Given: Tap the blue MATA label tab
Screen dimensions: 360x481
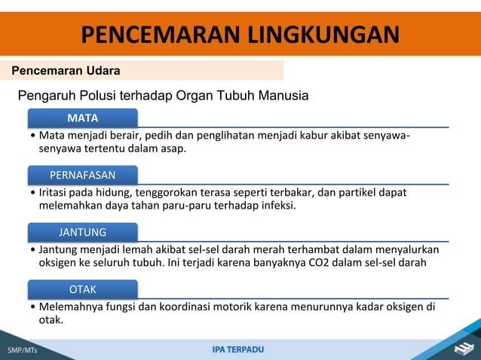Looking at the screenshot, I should coord(82,118).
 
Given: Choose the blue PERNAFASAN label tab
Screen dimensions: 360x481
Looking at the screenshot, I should coord(82,175).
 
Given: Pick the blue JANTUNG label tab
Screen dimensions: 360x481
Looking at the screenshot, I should coord(82,232).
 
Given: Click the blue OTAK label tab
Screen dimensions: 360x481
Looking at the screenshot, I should coord(82,289).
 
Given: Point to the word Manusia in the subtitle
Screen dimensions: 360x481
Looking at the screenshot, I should coord(282,96).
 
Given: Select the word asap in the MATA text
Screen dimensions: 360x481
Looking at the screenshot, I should coord(173,150).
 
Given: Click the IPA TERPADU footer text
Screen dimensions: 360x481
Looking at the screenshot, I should coord(238,349).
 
